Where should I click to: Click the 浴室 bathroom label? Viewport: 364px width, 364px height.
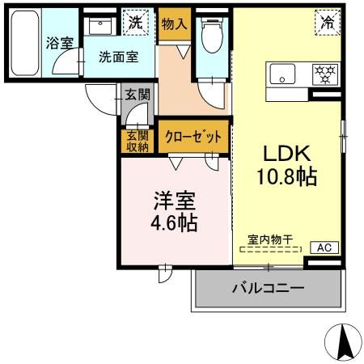[x=59, y=44]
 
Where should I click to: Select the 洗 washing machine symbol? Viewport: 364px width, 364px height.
[x=134, y=23]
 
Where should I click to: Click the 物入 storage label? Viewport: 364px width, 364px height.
[x=174, y=24]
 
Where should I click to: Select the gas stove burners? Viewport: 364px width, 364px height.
[x=324, y=74]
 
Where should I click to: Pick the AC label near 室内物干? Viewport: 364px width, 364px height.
[x=322, y=248]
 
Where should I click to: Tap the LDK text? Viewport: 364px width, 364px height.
[x=284, y=153]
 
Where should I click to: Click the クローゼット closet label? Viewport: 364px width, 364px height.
[x=193, y=138]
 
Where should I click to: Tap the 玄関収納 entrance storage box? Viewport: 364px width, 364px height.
[x=137, y=141]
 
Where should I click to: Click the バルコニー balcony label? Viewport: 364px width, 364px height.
[x=269, y=288]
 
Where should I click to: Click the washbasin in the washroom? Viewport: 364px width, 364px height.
[x=101, y=27]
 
